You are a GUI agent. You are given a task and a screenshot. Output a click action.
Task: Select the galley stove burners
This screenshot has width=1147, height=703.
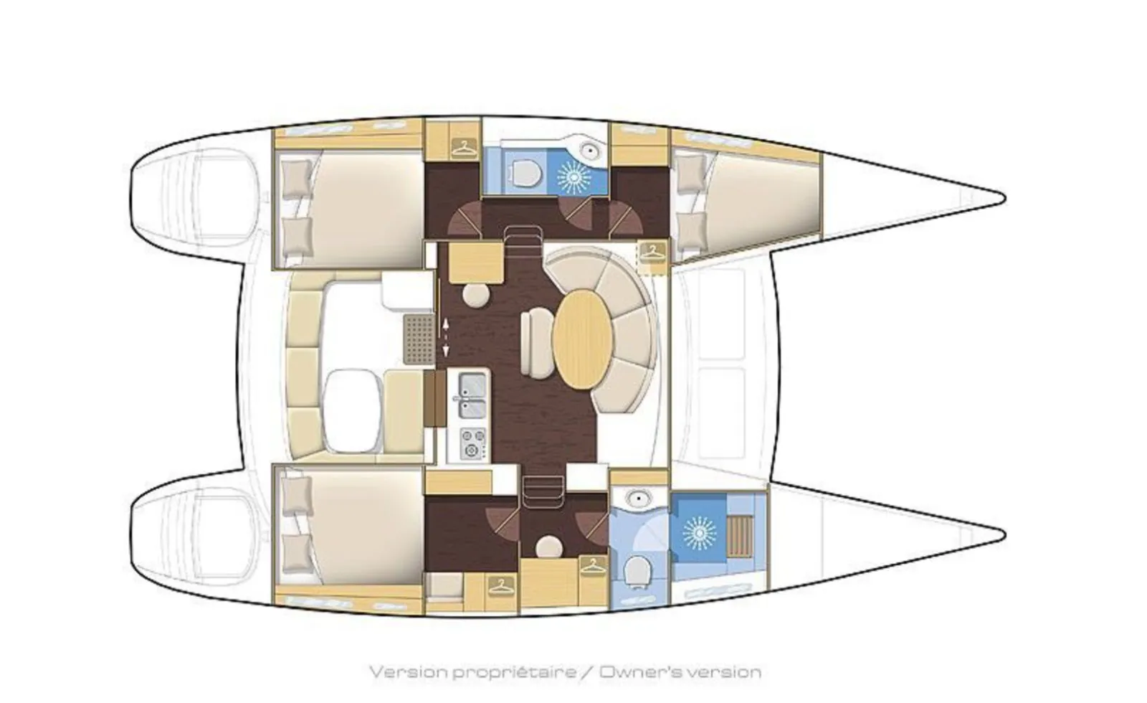pyautogui.click(x=471, y=443)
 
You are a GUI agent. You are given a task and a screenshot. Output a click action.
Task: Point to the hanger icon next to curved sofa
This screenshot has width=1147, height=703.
pyautogui.click(x=652, y=252)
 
